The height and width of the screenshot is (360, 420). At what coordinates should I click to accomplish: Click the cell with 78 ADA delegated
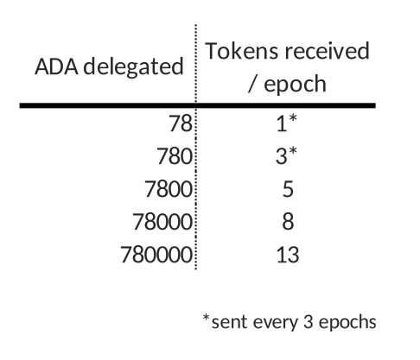click(x=181, y=123)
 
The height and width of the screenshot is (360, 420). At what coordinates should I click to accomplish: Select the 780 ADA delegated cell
click(x=175, y=156)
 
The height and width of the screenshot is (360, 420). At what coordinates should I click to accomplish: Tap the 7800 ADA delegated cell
click(x=169, y=189)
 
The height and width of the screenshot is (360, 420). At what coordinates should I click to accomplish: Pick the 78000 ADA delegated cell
click(x=162, y=222)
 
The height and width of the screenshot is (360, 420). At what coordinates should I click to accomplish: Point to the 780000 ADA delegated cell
click(x=156, y=255)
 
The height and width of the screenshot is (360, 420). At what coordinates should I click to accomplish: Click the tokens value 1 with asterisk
click(x=287, y=123)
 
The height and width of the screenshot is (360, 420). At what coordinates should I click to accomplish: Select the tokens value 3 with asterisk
click(x=286, y=155)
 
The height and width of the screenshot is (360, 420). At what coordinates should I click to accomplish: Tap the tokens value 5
click(x=288, y=189)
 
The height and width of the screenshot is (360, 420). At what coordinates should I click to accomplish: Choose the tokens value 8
click(x=288, y=222)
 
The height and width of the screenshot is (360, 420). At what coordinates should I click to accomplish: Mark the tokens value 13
click(x=288, y=255)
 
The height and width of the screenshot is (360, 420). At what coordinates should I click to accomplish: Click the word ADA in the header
click(x=56, y=66)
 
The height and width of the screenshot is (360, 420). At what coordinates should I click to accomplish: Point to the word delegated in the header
click(x=133, y=66)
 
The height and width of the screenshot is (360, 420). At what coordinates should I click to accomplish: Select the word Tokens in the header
click(x=242, y=51)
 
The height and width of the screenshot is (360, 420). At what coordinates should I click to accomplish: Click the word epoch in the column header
click(x=295, y=84)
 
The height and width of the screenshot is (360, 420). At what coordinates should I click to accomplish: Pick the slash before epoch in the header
click(x=252, y=84)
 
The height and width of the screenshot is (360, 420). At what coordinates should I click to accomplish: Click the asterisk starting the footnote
click(x=206, y=318)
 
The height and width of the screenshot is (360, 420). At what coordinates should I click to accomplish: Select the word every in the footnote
click(x=276, y=322)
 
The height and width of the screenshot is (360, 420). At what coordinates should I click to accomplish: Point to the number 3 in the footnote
click(x=308, y=321)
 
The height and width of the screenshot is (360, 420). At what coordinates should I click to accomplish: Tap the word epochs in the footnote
click(x=347, y=322)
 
